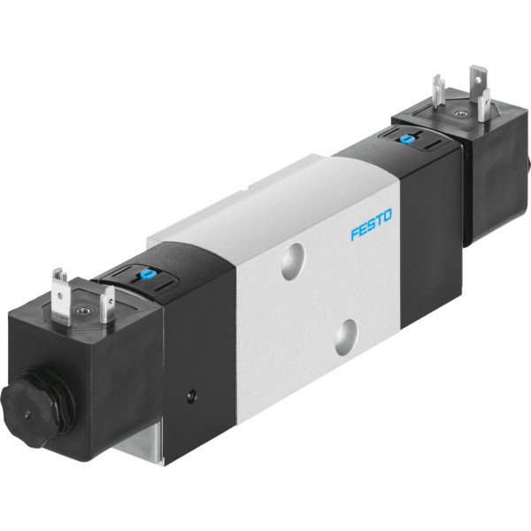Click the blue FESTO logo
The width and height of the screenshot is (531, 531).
pos(371,224)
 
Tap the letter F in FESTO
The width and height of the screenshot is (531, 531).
pos(355,234)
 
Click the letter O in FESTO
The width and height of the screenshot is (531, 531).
pos(387,215)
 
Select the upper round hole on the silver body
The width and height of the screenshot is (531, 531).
pos(293,261)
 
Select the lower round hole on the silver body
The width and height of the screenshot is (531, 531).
pos(346,337)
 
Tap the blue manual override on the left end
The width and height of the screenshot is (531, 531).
pos(146,273)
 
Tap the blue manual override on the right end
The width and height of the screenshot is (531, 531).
pos(404,139)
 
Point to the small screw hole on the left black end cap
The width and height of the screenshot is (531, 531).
pos(192,395)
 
